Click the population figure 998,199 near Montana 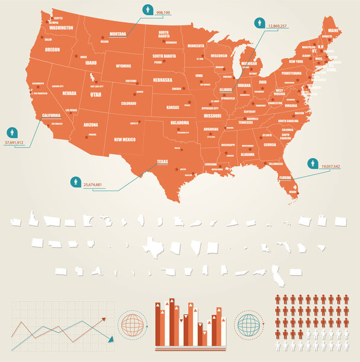pos(163,12)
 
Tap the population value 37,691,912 pos(14,142)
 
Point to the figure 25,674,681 pos(92,184)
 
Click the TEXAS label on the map pos(162,162)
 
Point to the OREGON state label pos(52,49)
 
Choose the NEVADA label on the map pos(69,93)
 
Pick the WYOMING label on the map pos(124,66)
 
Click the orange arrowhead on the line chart pos(103,320)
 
